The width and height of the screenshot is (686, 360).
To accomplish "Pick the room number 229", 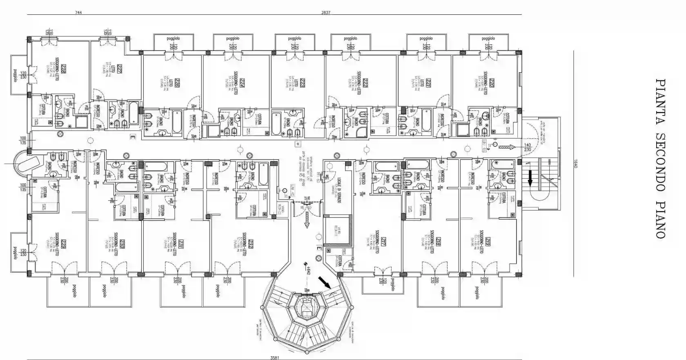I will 64,245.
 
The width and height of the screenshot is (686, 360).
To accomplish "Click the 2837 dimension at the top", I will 325,13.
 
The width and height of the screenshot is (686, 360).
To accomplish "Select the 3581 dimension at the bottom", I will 274,358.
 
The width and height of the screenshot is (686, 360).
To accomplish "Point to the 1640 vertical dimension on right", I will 577,163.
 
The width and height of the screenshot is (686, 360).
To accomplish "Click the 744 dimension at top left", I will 78,13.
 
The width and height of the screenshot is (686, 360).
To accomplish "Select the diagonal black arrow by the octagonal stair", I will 325,282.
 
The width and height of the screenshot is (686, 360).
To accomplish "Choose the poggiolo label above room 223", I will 294,38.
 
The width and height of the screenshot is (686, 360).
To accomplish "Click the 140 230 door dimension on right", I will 528,147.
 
